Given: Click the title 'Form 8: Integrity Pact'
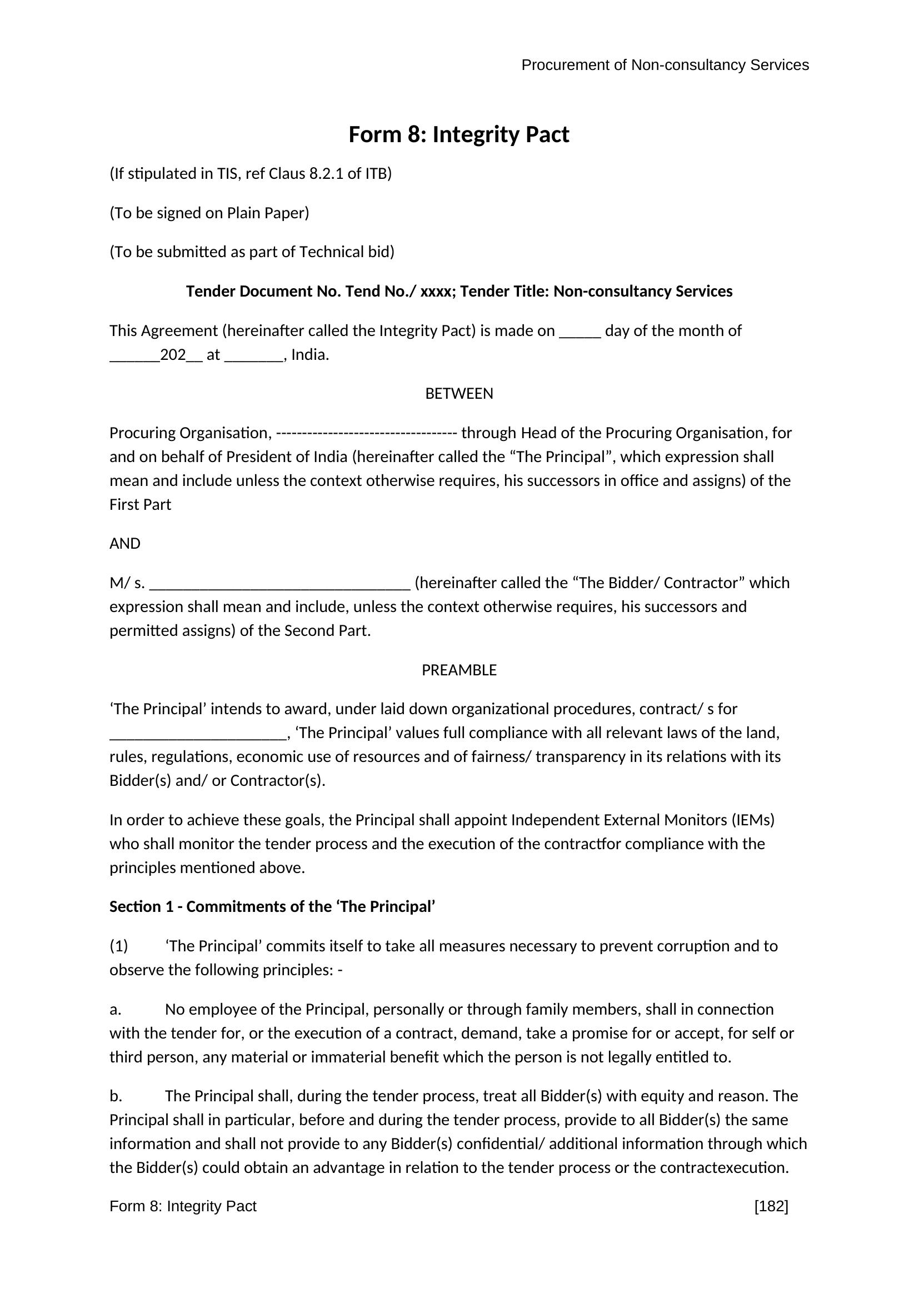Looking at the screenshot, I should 458,134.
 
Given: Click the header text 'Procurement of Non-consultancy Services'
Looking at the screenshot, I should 665,65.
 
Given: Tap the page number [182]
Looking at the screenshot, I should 771,1206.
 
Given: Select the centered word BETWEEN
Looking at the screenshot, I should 459,394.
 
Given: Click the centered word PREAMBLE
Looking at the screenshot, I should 459,670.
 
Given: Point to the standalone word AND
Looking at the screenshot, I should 125,544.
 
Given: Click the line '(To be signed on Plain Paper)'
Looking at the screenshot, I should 209,213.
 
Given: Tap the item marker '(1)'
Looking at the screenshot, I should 119,946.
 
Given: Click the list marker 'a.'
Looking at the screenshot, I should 116,1009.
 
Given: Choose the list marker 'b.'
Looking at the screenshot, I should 116,1096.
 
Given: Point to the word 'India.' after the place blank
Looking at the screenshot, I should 310,355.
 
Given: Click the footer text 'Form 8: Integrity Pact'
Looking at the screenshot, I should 183,1206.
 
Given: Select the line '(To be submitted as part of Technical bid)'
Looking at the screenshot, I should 252,252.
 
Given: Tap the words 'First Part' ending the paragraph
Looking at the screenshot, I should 141,505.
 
